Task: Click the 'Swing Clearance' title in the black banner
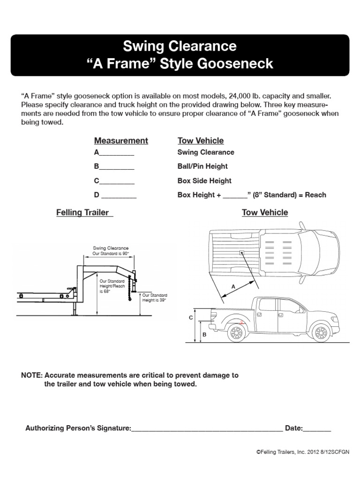click(x=180, y=47)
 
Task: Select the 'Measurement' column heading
click(x=121, y=141)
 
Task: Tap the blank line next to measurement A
click(x=117, y=153)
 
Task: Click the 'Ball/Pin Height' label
click(x=202, y=166)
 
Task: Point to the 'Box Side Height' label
click(x=204, y=181)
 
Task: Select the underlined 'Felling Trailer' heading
click(x=84, y=213)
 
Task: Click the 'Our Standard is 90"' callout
click(x=111, y=254)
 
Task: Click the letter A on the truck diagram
click(x=233, y=286)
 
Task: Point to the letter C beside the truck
click(x=191, y=318)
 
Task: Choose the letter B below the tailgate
click(x=204, y=334)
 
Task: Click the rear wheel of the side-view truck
click(x=237, y=333)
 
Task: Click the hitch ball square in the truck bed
click(x=242, y=253)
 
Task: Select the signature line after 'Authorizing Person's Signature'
click(x=207, y=428)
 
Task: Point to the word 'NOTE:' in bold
click(x=31, y=375)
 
